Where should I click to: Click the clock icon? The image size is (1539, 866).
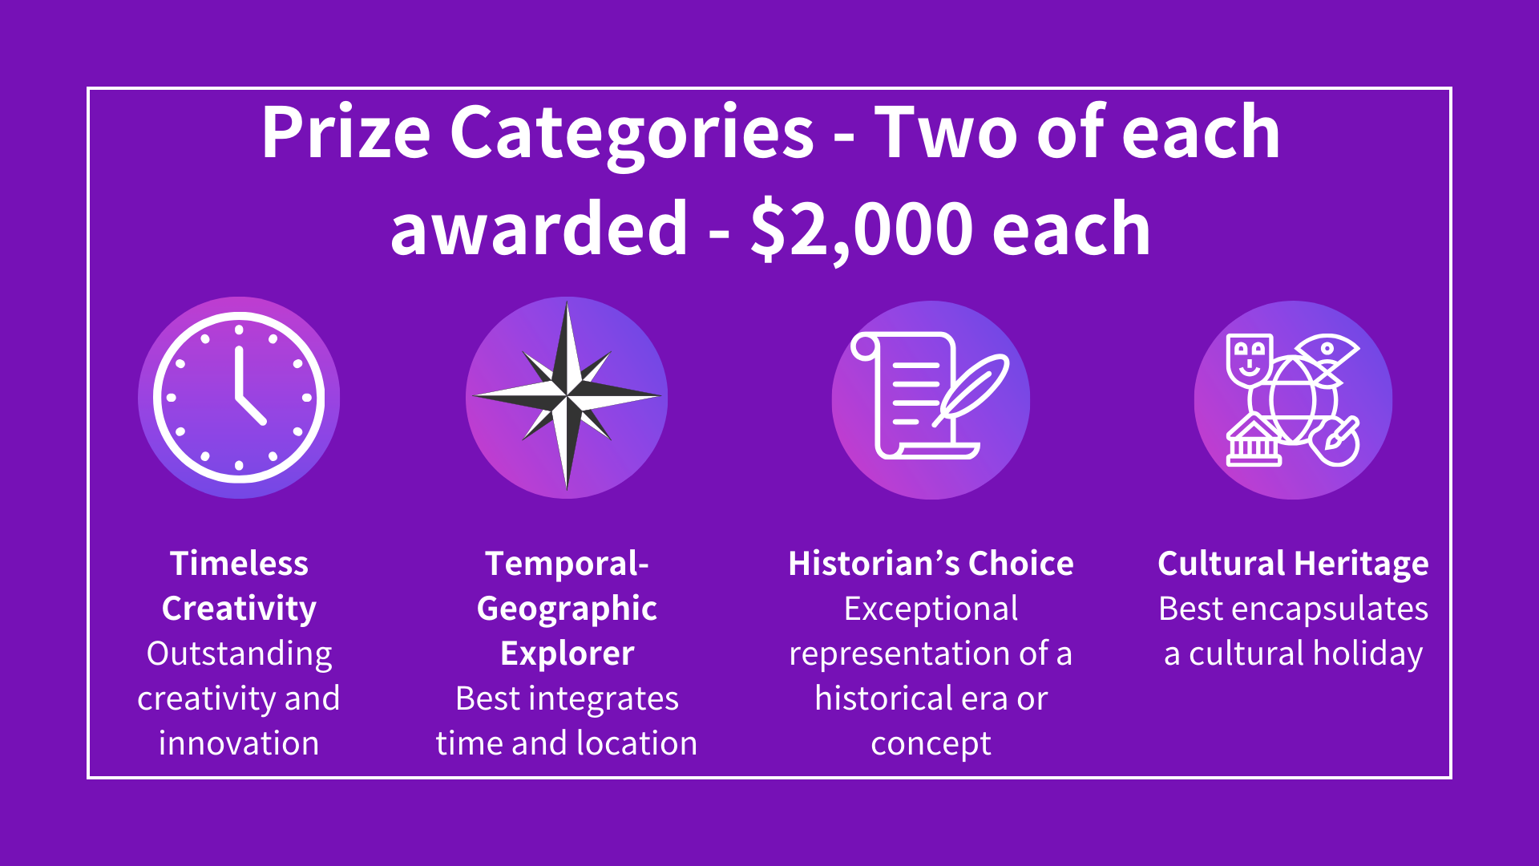239,398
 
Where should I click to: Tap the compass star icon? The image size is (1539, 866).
567,396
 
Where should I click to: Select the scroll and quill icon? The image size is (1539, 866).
930,399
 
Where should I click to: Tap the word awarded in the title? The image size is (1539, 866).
539,229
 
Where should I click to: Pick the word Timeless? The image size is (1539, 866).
239,564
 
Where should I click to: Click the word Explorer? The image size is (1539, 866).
567,654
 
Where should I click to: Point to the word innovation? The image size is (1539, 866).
239,743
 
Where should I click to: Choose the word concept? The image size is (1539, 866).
931,744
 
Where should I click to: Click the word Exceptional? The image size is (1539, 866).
931,609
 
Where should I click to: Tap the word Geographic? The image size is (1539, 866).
567,609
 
